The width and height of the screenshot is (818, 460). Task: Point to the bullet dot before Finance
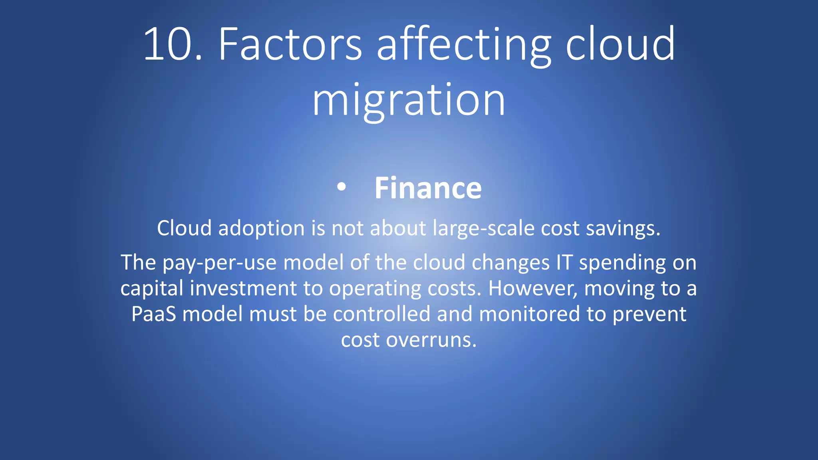[x=341, y=187]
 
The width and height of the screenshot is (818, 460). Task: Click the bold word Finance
[x=428, y=188]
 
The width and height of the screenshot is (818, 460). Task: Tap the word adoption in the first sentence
[x=262, y=229]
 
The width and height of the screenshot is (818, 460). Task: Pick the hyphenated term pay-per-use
[x=219, y=263]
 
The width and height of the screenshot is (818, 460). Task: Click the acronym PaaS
[x=153, y=314]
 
